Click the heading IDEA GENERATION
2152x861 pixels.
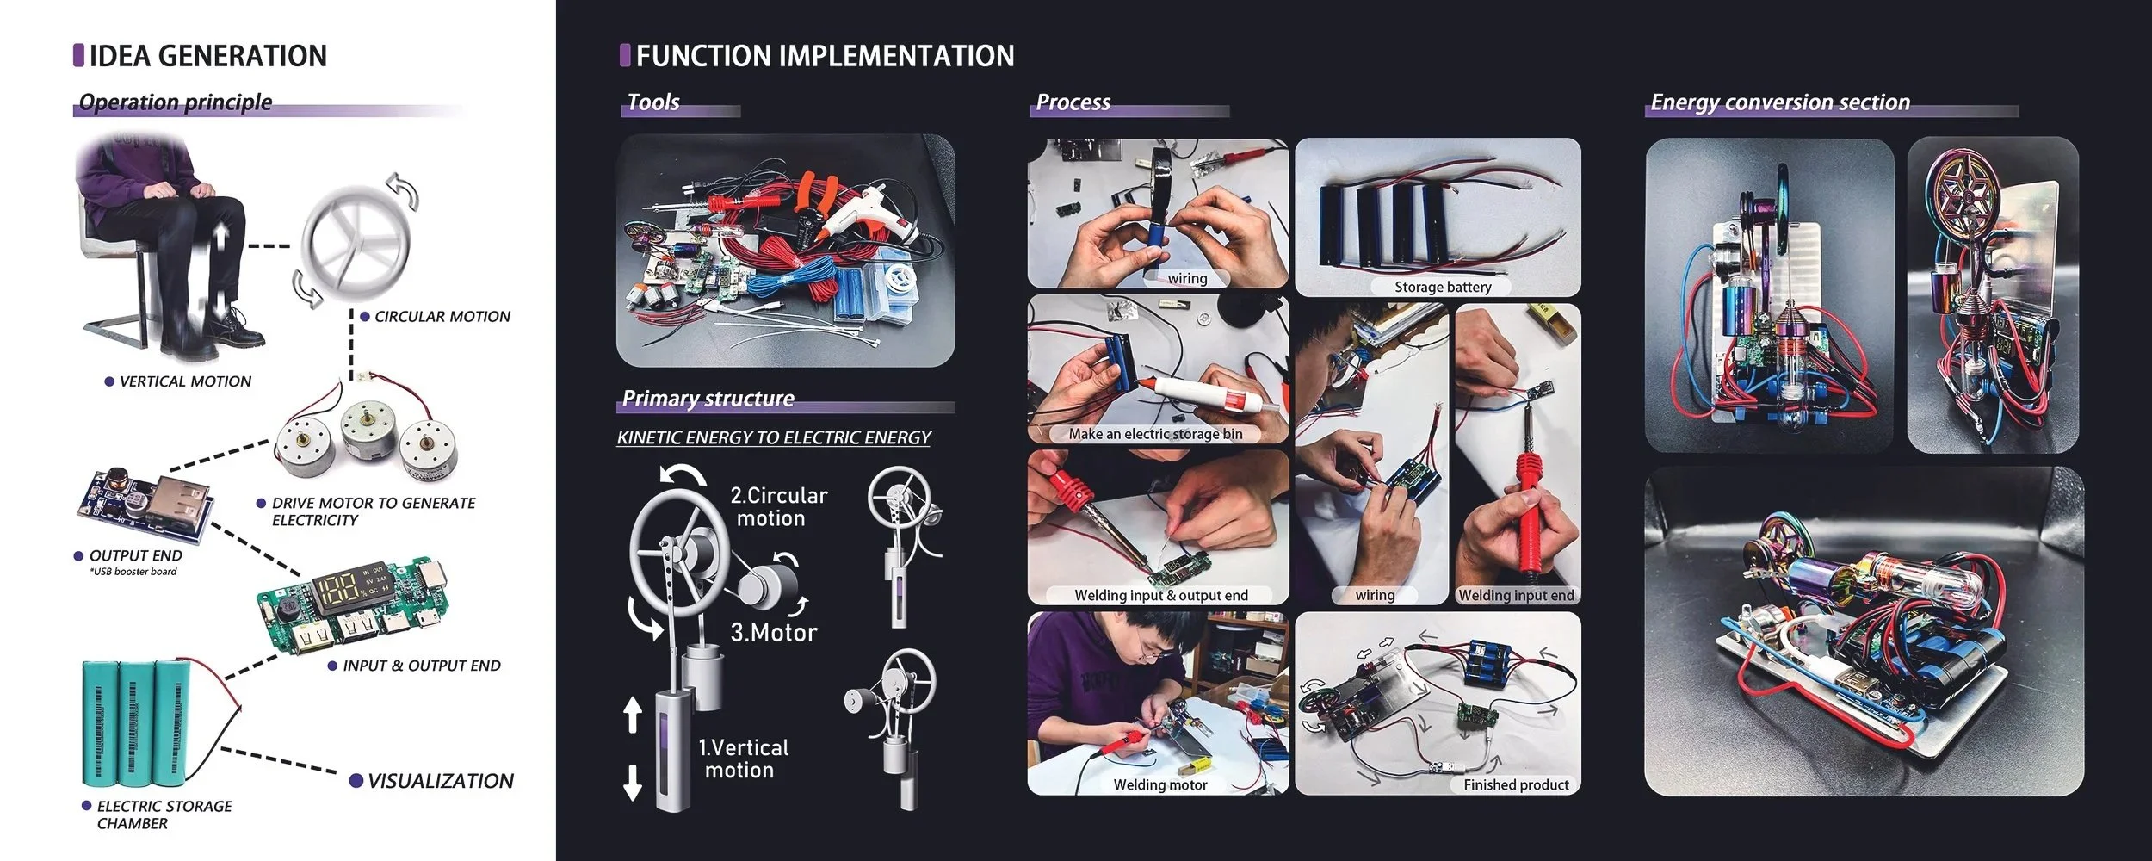(x=208, y=56)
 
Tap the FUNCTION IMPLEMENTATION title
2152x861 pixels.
(x=826, y=56)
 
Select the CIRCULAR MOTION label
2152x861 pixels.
(x=442, y=317)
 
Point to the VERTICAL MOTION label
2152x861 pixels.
(x=185, y=381)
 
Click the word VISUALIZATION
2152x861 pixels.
(x=440, y=781)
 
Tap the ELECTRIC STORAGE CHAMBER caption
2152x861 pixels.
(x=164, y=815)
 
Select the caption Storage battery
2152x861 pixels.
(x=1443, y=287)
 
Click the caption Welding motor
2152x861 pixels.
(x=1159, y=784)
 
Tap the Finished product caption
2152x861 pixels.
(x=1516, y=784)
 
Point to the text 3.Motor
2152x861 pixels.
(x=774, y=633)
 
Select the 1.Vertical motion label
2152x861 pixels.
(x=743, y=759)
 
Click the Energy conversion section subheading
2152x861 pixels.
(x=1780, y=102)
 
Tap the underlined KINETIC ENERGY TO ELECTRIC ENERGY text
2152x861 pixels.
(x=774, y=437)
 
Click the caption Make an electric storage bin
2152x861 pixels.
(x=1155, y=434)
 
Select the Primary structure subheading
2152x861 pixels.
(x=708, y=399)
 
